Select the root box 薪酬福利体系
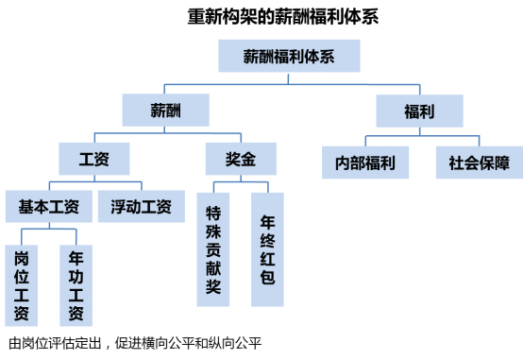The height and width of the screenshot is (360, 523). (290, 56)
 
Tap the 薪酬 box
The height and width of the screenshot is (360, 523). (165, 111)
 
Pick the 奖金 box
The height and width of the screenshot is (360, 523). (241, 158)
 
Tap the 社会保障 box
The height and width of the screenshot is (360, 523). (479, 162)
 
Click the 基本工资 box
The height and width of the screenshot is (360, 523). (48, 206)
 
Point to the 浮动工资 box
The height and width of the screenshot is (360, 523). (142, 206)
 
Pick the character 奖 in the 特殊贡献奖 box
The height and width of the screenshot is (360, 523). (213, 288)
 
